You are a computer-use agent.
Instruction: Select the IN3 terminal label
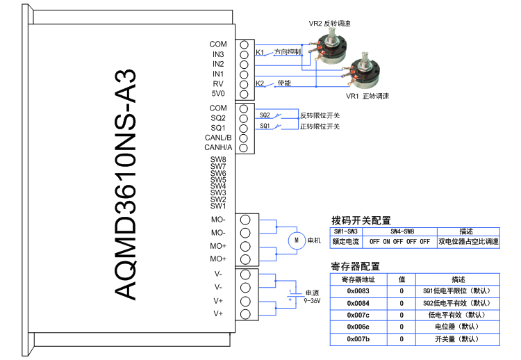(x=218, y=54)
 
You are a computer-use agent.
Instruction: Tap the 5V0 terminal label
(x=218, y=93)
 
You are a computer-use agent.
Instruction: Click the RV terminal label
(x=218, y=83)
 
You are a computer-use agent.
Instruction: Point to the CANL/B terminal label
(x=218, y=138)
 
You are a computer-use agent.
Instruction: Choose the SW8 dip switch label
(x=218, y=160)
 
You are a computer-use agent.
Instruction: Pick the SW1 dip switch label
(x=218, y=206)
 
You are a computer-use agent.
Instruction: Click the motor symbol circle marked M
(x=296, y=240)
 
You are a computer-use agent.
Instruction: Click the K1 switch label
(x=260, y=52)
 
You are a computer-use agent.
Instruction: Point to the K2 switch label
(x=260, y=83)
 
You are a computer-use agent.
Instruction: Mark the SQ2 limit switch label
(x=265, y=115)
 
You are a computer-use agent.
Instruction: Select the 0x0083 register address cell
(x=358, y=291)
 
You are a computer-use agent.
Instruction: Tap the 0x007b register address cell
(x=358, y=338)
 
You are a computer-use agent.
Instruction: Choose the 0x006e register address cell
(x=358, y=327)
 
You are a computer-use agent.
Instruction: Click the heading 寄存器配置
(x=356, y=266)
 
